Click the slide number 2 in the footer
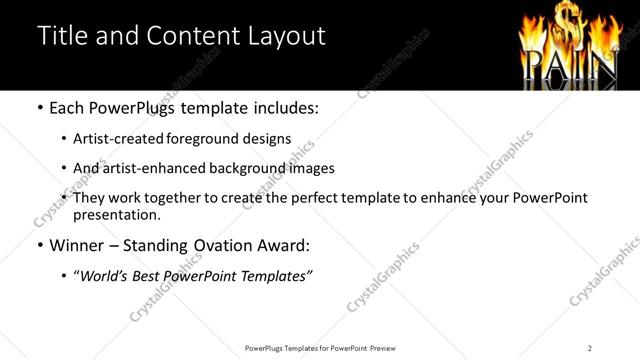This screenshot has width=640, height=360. coord(590,348)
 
